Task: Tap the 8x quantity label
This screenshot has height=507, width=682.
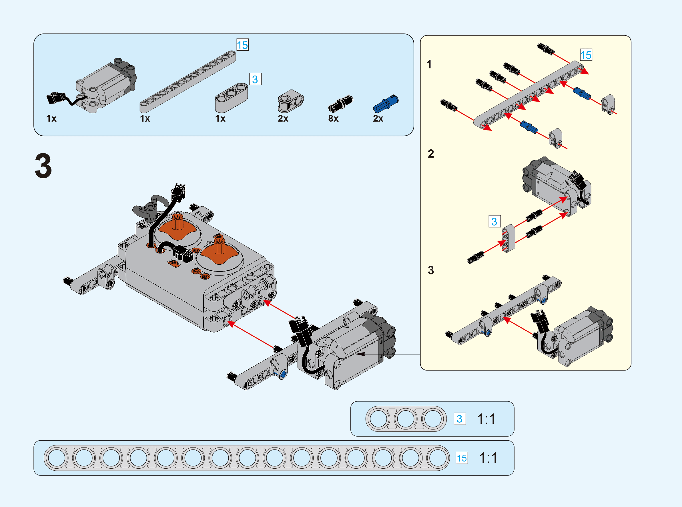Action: [x=333, y=118]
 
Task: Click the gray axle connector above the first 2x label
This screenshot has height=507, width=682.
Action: [x=290, y=101]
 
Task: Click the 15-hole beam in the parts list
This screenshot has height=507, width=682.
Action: [x=188, y=82]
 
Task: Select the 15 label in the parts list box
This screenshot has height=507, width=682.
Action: [x=242, y=45]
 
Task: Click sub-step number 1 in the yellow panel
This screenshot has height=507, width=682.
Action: [x=429, y=64]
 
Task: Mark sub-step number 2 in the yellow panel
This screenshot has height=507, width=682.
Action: [x=431, y=154]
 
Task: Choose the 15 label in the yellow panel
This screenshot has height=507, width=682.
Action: [x=586, y=55]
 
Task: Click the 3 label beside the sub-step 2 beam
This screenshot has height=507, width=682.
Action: [x=494, y=221]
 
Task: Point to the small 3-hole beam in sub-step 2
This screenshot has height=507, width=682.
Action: [x=508, y=238]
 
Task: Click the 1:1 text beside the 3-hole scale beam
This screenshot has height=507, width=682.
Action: [x=486, y=419]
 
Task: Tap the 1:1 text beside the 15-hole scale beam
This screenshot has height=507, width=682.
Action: [x=488, y=458]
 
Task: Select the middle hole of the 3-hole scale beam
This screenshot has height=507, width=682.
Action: [x=406, y=419]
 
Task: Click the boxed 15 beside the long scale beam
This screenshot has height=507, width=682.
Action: [x=462, y=458]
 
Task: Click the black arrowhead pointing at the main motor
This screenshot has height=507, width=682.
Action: [x=361, y=354]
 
